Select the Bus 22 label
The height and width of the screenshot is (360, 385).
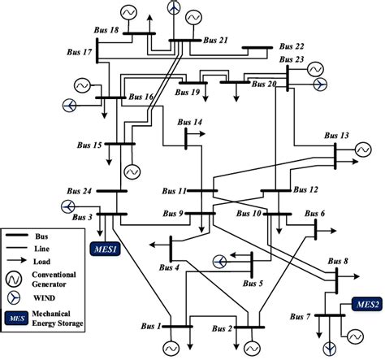pyautogui.click(x=290, y=46)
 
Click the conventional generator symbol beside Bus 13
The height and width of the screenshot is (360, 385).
pyautogui.click(x=362, y=150)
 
